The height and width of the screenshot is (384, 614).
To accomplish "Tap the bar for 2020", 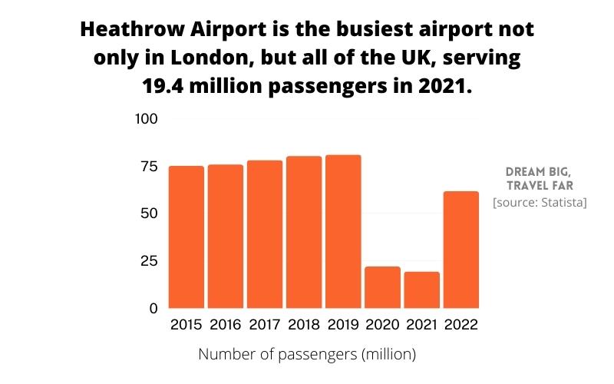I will [x=382, y=287].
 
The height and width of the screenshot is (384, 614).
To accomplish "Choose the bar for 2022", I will [x=460, y=250].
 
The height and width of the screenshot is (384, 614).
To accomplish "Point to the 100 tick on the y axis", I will [x=146, y=119].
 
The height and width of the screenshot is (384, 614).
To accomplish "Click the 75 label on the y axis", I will [x=147, y=167].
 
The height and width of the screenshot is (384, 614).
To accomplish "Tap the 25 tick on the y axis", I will [x=147, y=261].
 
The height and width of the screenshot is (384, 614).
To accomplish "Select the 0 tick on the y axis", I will [x=153, y=308].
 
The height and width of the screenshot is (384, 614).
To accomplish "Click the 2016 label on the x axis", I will [x=226, y=325].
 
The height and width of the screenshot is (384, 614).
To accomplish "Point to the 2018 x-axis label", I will [x=304, y=325].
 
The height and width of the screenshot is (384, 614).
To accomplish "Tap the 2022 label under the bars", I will [x=460, y=325].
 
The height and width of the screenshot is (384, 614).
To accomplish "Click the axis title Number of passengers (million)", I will [x=307, y=355].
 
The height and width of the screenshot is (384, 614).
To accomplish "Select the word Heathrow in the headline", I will [x=126, y=31].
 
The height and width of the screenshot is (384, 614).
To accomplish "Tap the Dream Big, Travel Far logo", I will [x=540, y=179].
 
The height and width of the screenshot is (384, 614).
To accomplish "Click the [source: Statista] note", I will [x=540, y=203].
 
